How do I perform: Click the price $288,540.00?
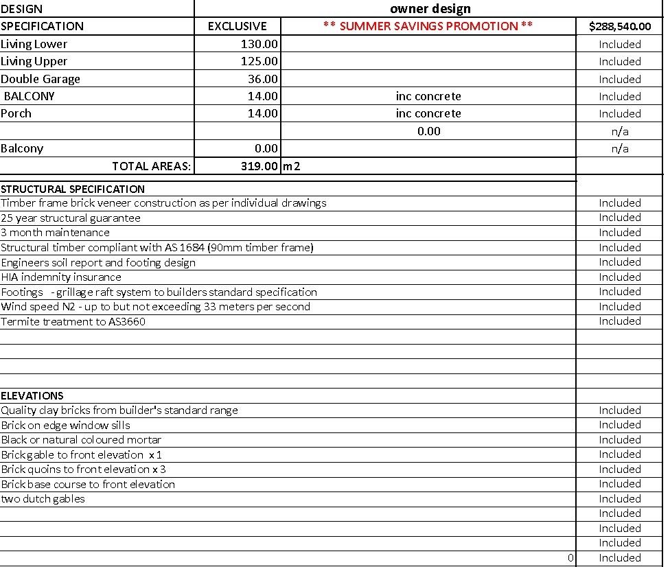619,27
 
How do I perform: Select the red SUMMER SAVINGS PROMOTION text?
428,26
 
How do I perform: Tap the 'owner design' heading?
430,9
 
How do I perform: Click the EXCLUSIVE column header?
237,27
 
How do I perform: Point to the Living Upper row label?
34,61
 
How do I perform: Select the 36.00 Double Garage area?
263,79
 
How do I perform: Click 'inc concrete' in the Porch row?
428,113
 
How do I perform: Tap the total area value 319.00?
259,166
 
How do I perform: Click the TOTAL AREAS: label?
152,166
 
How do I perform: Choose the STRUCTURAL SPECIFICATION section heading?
73,189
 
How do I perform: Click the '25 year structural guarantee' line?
71,218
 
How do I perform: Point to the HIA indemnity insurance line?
61,277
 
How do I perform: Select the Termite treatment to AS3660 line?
73,321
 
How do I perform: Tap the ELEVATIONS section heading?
32,395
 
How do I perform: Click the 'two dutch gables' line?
43,499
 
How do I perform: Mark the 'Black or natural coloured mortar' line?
81,440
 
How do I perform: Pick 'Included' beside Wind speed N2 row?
619,307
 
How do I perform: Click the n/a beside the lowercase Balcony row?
619,148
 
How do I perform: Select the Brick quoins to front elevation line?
83,470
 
